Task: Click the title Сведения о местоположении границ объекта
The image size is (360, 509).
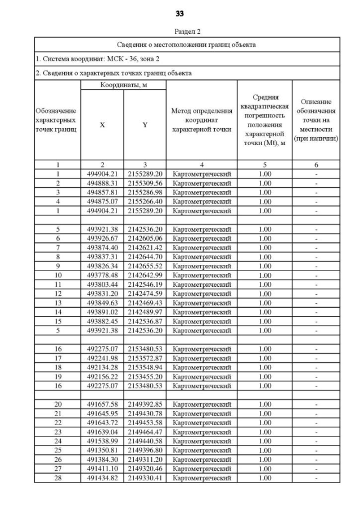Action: tap(187, 44)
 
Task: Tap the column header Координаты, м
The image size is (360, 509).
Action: tap(123, 85)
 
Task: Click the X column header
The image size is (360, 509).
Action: tap(102, 125)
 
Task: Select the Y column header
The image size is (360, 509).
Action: tap(145, 125)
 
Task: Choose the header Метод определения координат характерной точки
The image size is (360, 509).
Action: tap(201, 120)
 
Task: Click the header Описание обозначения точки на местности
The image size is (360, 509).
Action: tap(316, 120)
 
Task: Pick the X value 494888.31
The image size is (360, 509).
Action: tap(102, 183)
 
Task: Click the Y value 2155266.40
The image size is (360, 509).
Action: tap(145, 201)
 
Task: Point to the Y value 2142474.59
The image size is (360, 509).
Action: tap(145, 294)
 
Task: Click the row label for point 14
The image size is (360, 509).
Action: tap(57, 312)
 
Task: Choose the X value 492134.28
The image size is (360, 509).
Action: tap(102, 367)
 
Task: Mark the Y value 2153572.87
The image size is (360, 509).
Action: tap(145, 358)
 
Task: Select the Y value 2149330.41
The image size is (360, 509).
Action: tap(145, 478)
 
